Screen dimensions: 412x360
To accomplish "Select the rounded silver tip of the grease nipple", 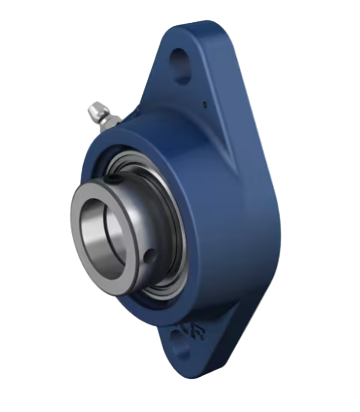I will (94, 109).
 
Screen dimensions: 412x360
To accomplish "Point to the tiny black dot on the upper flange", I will (204, 103).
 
